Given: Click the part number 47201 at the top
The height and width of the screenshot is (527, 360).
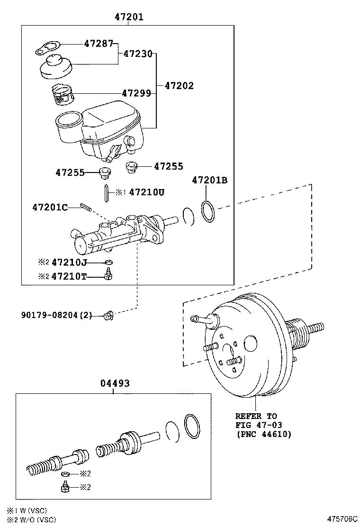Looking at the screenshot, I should coord(129,17).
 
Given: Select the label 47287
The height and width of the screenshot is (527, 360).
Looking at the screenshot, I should coord(99,44).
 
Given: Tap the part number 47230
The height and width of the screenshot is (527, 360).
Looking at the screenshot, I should coord(138,54).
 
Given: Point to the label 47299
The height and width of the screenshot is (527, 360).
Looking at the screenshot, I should coord(136,93).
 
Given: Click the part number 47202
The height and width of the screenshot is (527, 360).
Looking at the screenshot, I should coord(179,86).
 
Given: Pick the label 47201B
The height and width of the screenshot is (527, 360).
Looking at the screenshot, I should coord(209,181).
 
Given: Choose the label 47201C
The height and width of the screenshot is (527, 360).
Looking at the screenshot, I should coord(50,207).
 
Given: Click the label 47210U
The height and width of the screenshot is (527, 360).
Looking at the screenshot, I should coord(147,192).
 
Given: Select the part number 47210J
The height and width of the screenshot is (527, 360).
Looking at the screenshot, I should coord(69,262).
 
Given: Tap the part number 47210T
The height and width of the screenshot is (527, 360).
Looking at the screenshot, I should coord(69,277).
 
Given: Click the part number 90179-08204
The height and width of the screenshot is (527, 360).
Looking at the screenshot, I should coord(50,315).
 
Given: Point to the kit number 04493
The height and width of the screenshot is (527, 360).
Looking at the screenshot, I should coord(115,383).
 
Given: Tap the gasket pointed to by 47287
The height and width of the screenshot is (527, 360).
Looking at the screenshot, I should coord(48,48).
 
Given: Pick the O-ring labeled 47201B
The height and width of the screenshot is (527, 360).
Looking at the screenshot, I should coord(207,211).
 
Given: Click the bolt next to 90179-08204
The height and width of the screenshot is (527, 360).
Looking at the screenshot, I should coord(108,315).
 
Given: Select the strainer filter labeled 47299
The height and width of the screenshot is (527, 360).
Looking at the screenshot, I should coord(61,94).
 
